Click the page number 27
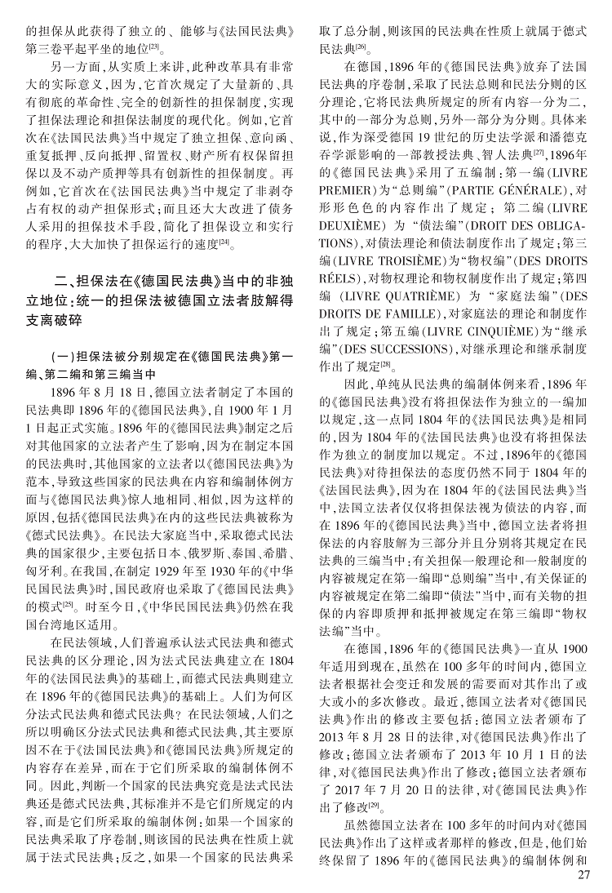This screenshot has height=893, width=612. (582, 876)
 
